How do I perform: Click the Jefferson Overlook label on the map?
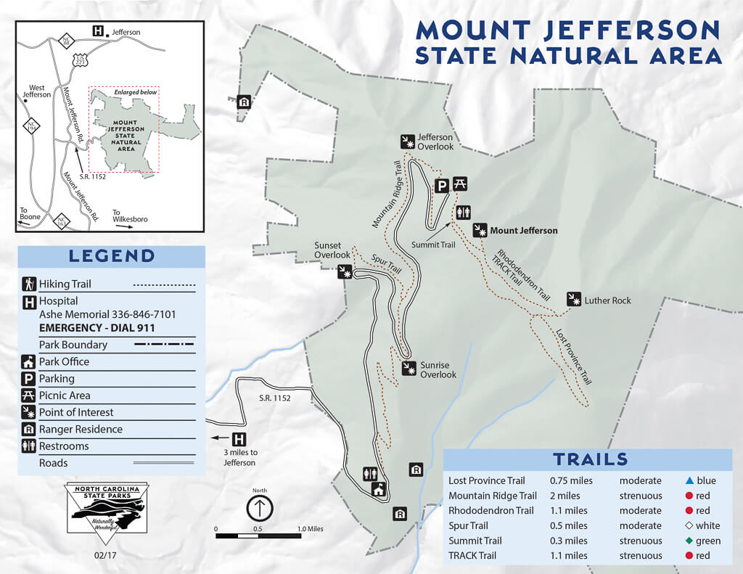[435, 142]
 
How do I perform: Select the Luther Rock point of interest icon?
[575, 300]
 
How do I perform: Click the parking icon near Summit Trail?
[441, 186]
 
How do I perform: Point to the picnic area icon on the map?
[460, 184]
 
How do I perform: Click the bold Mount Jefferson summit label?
[524, 231]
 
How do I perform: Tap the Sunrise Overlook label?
[438, 370]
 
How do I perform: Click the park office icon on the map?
[378, 490]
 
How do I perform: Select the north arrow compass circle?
[260, 508]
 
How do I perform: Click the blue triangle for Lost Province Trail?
[689, 480]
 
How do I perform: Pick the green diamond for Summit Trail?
[689, 541]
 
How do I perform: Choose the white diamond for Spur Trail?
[689, 525]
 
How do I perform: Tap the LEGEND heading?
[112, 255]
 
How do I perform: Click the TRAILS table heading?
[590, 459]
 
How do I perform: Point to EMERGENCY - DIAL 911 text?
[97, 328]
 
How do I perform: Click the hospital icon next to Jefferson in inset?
[97, 31]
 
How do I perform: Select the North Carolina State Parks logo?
[107, 509]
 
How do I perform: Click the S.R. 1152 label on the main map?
[275, 398]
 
